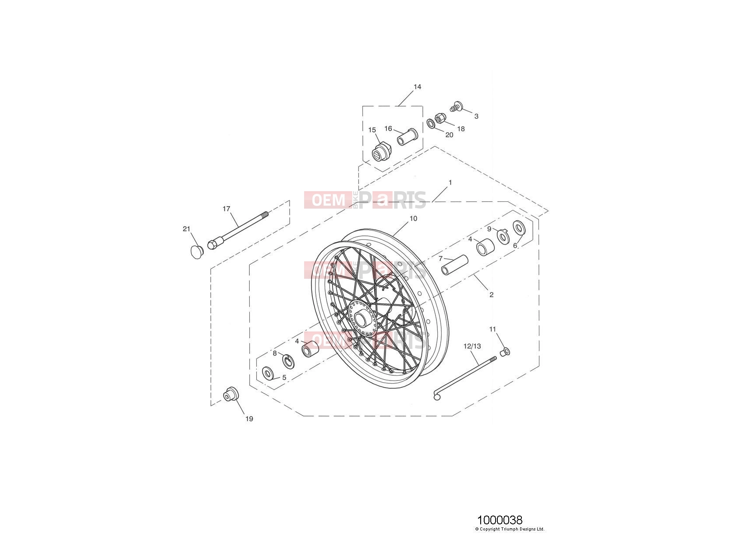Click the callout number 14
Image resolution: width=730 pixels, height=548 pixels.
point(417,87)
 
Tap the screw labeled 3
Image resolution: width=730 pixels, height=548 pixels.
point(456,106)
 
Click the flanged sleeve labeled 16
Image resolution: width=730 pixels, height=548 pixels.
point(408,136)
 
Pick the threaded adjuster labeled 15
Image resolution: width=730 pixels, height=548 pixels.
point(381,152)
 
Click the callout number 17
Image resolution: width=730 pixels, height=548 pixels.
point(226,209)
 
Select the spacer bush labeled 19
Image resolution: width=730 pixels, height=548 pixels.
point(231,394)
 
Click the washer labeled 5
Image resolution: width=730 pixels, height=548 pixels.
point(267,373)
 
